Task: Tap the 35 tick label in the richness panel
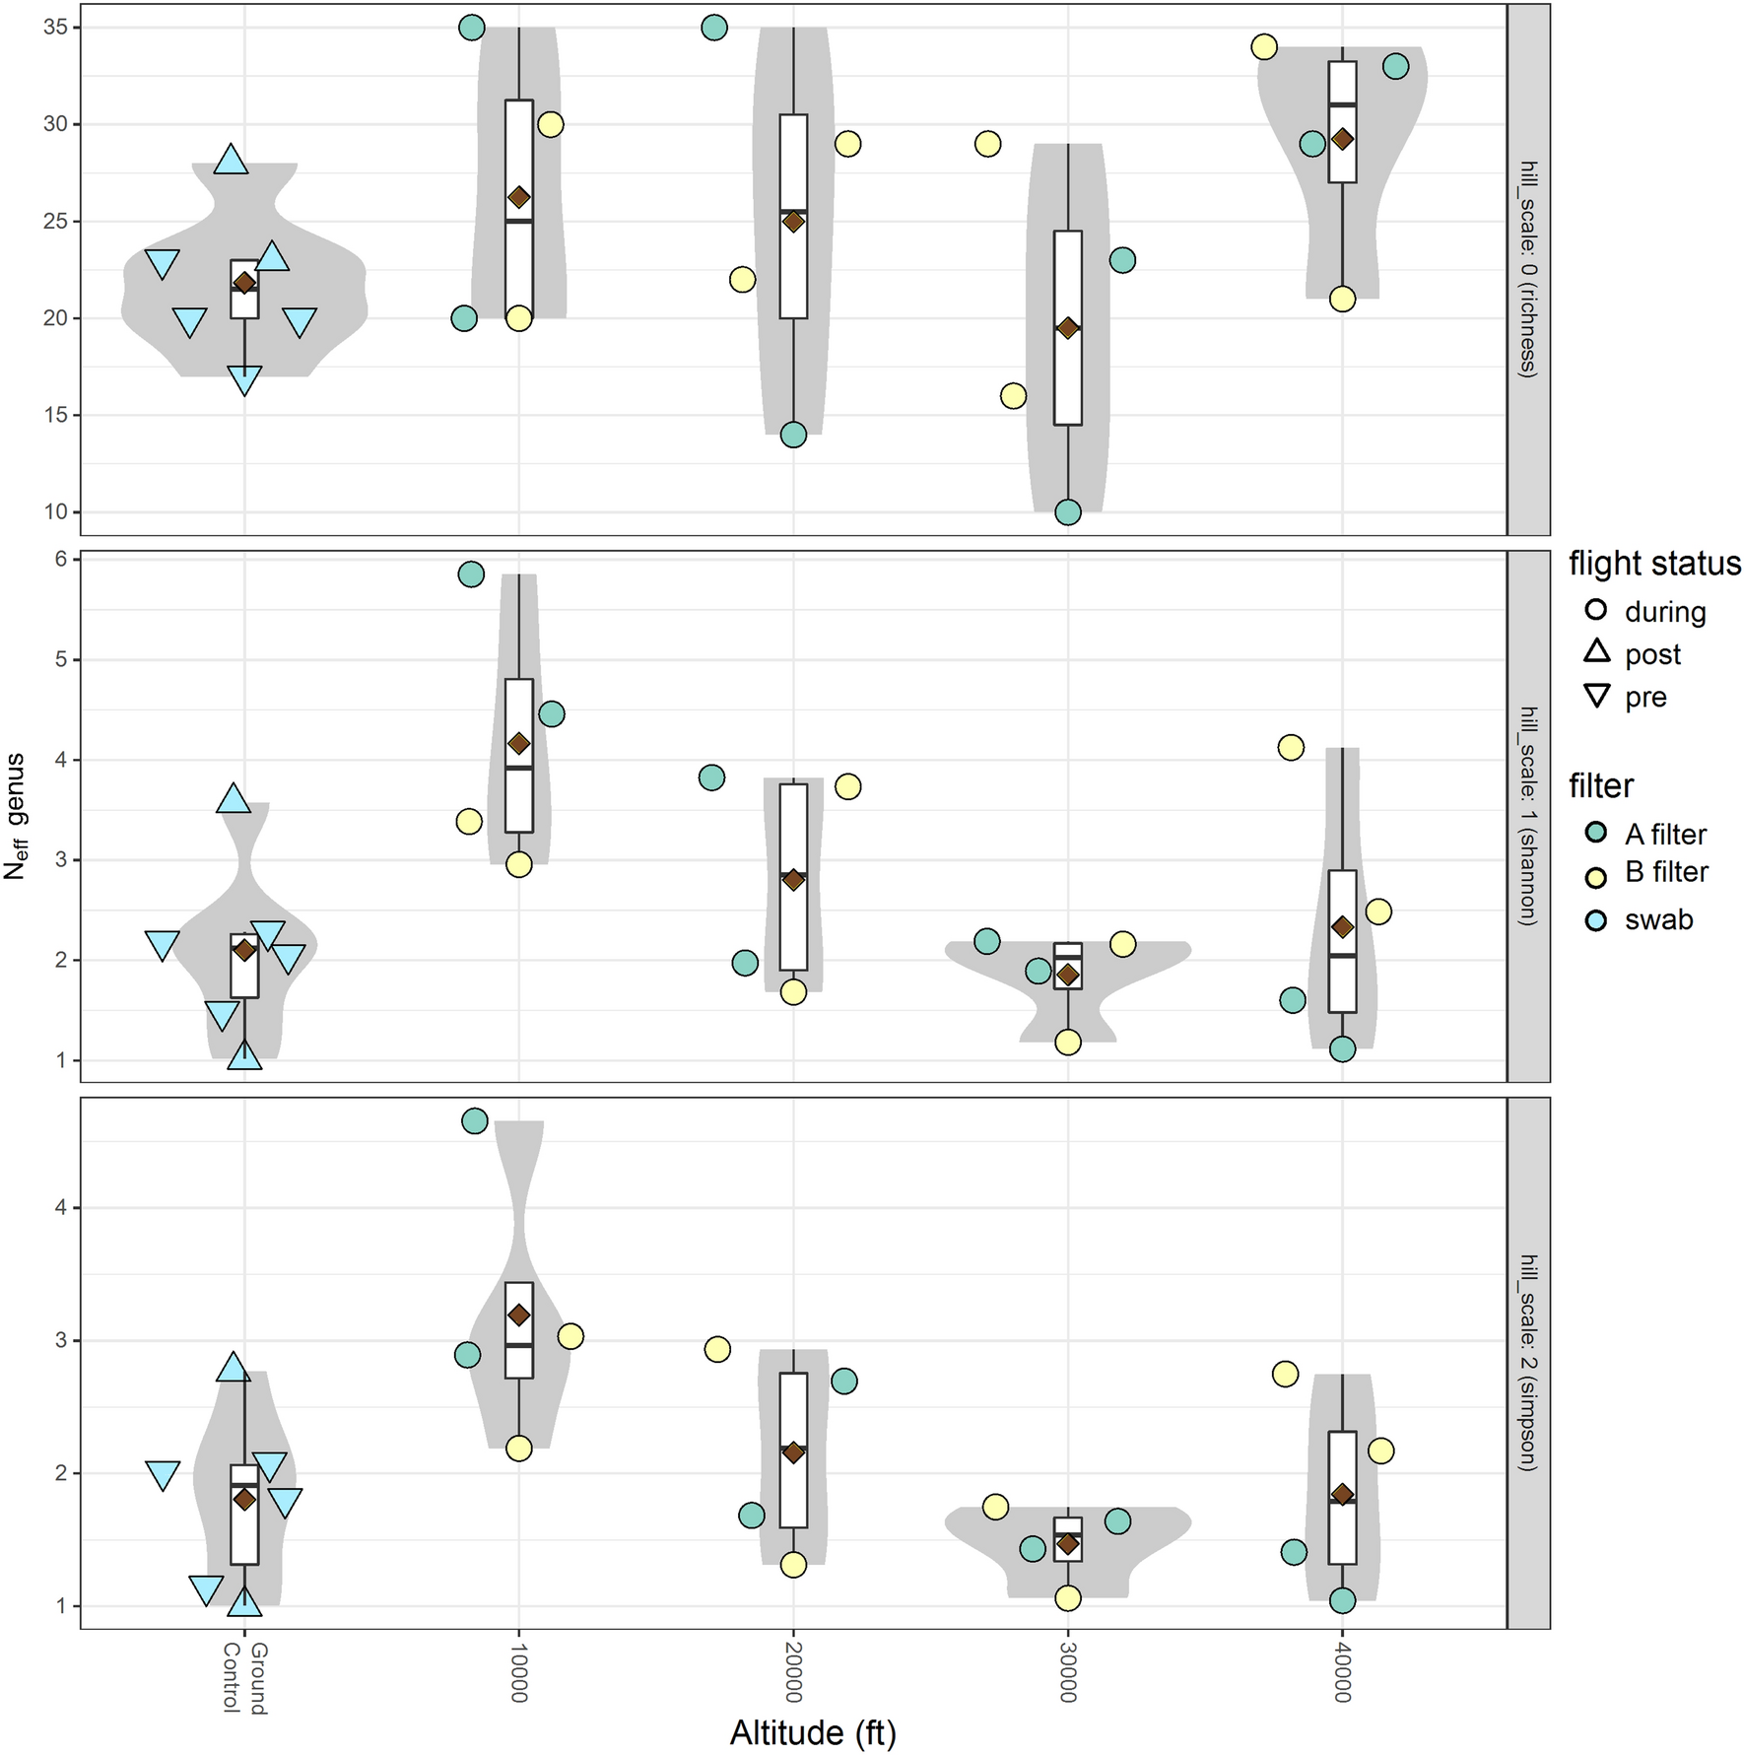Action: (x=56, y=28)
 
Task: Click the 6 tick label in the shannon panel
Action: (x=61, y=560)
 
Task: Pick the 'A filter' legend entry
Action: (x=1664, y=835)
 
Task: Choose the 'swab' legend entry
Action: (x=1658, y=919)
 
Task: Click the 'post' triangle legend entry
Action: (x=1651, y=654)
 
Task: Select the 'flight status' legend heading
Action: (x=1654, y=564)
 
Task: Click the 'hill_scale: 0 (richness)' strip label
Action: (x=1528, y=269)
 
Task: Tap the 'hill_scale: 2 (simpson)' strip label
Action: (x=1528, y=1363)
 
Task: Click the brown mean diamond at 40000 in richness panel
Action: (x=1342, y=140)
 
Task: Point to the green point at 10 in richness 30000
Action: (x=1068, y=512)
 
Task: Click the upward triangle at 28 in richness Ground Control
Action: (x=232, y=160)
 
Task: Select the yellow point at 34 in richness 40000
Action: (x=1264, y=46)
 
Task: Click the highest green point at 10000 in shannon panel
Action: (x=472, y=574)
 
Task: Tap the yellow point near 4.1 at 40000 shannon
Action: (x=1291, y=748)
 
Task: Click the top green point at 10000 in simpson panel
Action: (x=475, y=1120)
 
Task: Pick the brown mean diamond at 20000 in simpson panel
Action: (x=793, y=1452)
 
